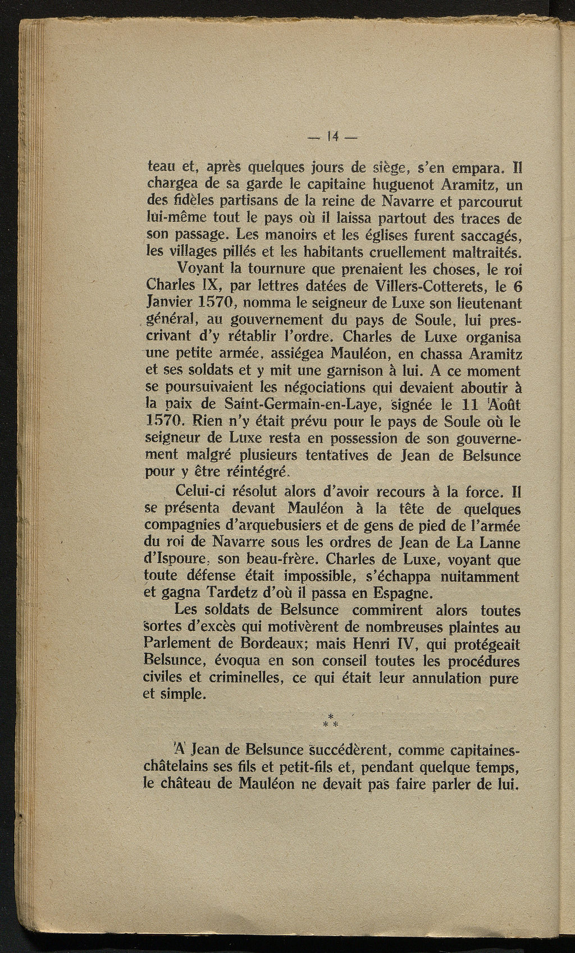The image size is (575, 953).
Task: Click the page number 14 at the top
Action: pyautogui.click(x=332, y=136)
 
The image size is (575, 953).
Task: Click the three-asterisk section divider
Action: pyautogui.click(x=331, y=719)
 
